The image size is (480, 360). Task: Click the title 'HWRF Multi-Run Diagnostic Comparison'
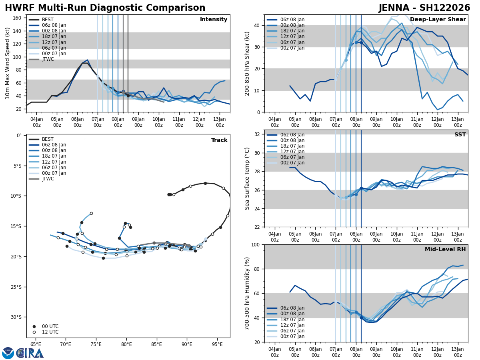coord(105,8)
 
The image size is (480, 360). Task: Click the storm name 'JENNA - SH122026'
coord(424,8)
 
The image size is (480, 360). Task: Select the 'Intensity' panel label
coord(214,20)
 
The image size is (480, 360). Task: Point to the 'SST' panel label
coord(460,135)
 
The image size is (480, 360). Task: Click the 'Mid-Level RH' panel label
coord(445,250)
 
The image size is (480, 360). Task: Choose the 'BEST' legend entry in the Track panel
coord(48,139)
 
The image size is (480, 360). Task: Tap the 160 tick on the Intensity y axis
coord(18,18)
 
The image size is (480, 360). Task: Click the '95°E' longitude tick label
coord(217,344)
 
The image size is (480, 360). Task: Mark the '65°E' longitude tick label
coord(36,344)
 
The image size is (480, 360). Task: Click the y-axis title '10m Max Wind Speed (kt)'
coord(8,63)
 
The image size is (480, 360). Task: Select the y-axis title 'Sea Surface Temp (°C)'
coord(247,178)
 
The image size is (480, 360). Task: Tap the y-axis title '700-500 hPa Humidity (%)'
coord(247,293)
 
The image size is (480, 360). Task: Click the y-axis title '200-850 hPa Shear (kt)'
coord(247,63)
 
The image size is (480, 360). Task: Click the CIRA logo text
coord(30,353)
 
